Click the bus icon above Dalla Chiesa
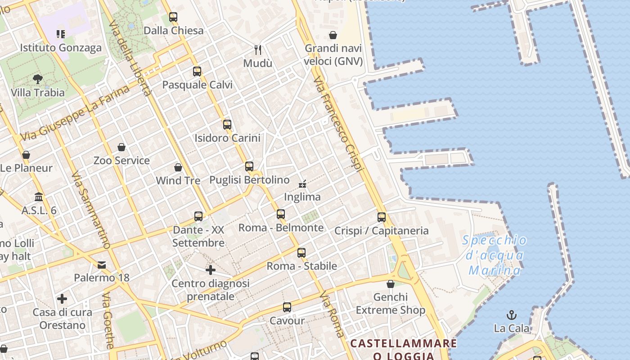[x=173, y=18]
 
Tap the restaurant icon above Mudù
[x=258, y=49]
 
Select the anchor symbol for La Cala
[x=512, y=315]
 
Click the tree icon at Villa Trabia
[x=38, y=79]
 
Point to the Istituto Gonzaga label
[x=61, y=48]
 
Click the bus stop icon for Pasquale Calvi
[x=197, y=72]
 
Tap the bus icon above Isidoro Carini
[x=227, y=125]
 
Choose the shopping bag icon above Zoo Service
[x=121, y=147]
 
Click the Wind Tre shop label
[x=178, y=180]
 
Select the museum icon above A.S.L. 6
[x=39, y=197]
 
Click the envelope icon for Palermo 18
[x=102, y=265]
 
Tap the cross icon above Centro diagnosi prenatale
[x=210, y=270]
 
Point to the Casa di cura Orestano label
[x=62, y=319]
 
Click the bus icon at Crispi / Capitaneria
[x=382, y=217]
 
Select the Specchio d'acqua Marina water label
[x=495, y=255]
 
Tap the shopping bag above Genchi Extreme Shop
[x=391, y=284]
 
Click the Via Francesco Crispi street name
[x=338, y=124]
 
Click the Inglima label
[x=302, y=197]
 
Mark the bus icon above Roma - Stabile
[x=301, y=253]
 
